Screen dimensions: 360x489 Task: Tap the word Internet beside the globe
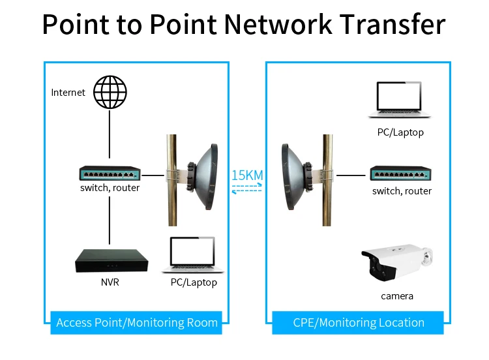pos(68,93)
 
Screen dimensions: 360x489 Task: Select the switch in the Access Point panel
pos(110,173)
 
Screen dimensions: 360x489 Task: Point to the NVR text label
pos(110,282)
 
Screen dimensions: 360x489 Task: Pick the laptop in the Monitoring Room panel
pos(194,254)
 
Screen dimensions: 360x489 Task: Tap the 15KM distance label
pos(247,175)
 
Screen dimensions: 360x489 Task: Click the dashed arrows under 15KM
pos(247,188)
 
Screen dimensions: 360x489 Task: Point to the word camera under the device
pos(397,296)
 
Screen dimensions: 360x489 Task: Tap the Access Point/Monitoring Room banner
pos(138,322)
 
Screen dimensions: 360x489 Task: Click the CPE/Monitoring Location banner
pos(358,322)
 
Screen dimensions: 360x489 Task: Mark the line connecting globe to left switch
pos(110,136)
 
